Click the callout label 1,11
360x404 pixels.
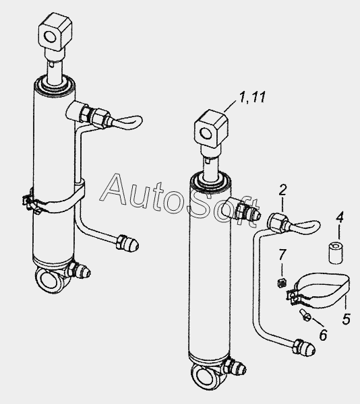(x=252, y=98)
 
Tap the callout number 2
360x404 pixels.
(x=282, y=190)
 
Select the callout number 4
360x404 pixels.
(x=340, y=217)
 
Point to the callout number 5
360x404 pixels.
(x=347, y=318)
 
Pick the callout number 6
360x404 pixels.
(x=323, y=335)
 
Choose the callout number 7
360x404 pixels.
(x=282, y=254)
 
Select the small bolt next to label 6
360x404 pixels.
(x=304, y=315)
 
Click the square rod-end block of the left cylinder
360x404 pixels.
(x=55, y=33)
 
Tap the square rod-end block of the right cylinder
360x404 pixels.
(x=211, y=129)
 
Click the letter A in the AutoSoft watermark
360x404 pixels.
(x=115, y=190)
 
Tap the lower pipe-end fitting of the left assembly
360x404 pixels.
(x=127, y=243)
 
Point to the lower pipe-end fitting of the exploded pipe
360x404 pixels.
(x=304, y=347)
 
